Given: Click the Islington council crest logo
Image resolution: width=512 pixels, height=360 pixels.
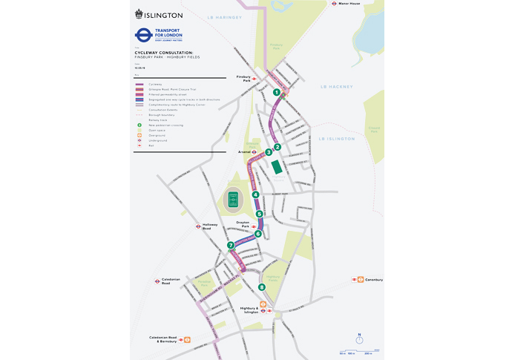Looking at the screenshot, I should click(x=139, y=14).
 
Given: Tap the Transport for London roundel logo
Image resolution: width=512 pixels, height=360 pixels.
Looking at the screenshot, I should click(x=143, y=35).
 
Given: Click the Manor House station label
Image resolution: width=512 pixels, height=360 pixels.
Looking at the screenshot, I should click(x=349, y=4).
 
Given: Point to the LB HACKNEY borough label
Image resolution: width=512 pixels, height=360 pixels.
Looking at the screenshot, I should click(x=333, y=87).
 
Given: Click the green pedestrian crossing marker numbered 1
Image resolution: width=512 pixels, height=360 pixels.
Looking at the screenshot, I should click(x=276, y=93).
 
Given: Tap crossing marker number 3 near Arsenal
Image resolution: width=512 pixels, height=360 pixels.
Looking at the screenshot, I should click(x=269, y=152).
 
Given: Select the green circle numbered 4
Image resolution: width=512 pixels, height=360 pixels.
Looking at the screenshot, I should click(x=255, y=194).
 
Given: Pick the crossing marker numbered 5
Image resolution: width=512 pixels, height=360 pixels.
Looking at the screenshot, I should click(x=260, y=214).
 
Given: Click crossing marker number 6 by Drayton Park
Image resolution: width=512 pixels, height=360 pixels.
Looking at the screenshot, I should click(x=258, y=234).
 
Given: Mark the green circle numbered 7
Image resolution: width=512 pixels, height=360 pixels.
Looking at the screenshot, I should click(x=231, y=245).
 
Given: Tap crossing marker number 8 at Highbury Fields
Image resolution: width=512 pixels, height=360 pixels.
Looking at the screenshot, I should click(x=261, y=287).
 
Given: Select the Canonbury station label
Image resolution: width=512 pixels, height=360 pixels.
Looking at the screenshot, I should click(x=372, y=280).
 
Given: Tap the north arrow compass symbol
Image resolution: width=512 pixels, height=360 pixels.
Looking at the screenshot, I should click(x=359, y=336).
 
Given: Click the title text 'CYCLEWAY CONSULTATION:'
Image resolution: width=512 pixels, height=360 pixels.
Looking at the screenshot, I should click(x=163, y=53).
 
